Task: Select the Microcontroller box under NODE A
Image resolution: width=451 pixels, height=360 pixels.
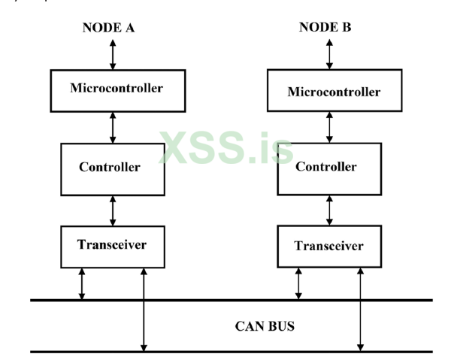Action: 117,88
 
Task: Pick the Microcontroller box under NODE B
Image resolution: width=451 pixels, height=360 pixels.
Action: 334,92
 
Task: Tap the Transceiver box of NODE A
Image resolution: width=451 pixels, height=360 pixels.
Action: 111,244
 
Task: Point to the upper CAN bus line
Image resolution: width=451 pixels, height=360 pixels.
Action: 225,300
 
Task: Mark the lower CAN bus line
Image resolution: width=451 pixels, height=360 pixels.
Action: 225,352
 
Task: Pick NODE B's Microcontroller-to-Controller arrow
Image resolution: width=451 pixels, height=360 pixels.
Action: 328,127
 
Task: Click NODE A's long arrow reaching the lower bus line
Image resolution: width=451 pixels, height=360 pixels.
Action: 143,308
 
